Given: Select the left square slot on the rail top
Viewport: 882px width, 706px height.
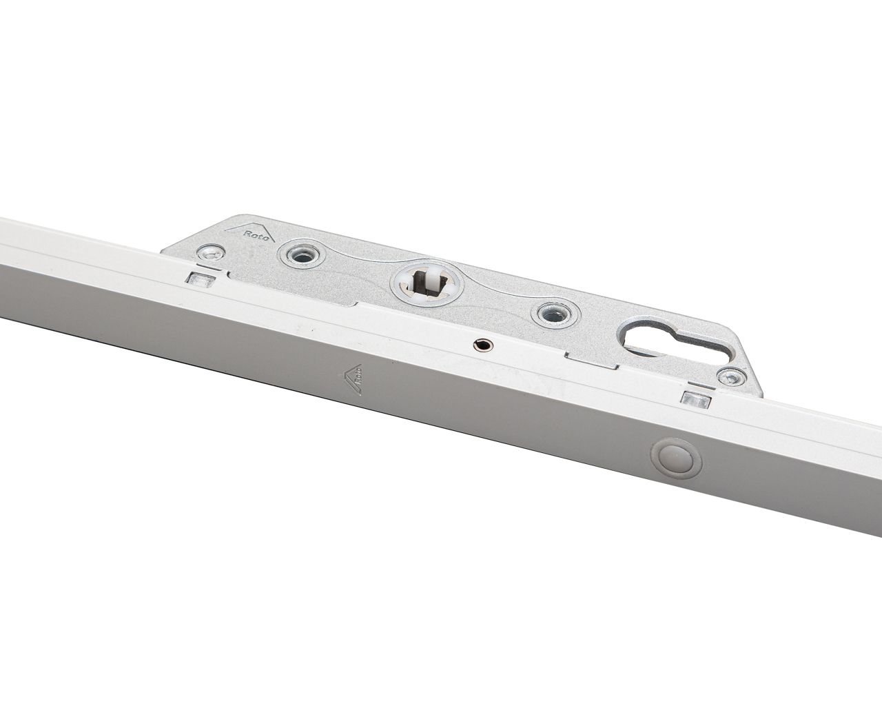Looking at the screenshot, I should (200, 279).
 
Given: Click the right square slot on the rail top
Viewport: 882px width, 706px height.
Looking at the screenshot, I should (693, 398).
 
